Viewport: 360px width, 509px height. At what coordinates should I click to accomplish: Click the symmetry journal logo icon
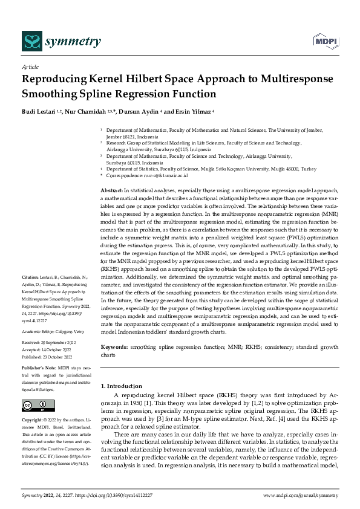pyautogui.click(x=30, y=41)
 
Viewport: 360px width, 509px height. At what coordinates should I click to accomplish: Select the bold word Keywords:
pyautogui.click(x=114, y=348)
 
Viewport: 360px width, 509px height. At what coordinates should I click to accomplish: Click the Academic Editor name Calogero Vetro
pyautogui.click(x=71, y=332)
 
